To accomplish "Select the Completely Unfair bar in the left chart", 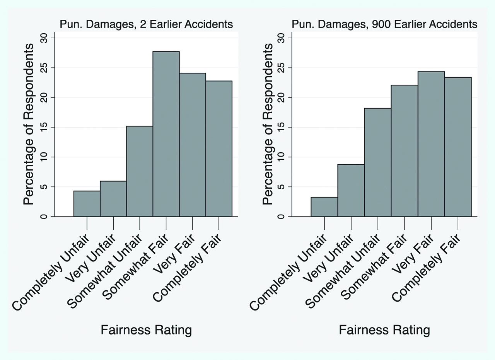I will [x=87, y=204].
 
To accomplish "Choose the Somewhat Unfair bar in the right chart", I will [x=377, y=162].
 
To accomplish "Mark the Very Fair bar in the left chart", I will [x=192, y=145].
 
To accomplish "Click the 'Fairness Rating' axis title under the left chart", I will [x=146, y=330].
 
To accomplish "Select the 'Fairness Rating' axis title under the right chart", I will [x=384, y=330].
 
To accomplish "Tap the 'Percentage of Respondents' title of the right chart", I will [x=268, y=124].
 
